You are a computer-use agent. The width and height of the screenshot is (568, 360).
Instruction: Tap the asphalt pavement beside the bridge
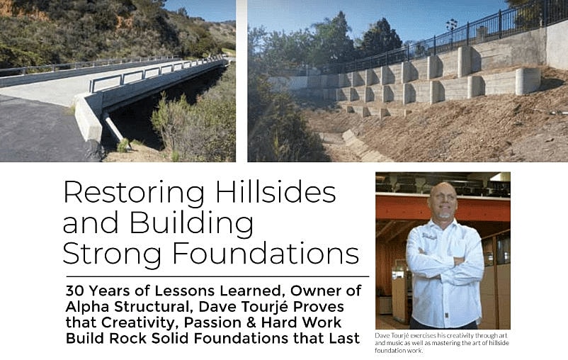click(35, 135)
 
